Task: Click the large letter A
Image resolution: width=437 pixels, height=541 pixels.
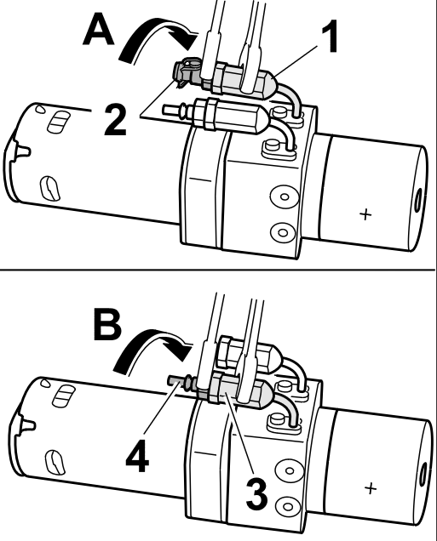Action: pos(99,31)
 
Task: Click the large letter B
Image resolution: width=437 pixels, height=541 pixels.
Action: pos(107,325)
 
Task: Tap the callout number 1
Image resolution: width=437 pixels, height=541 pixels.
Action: pos(330,37)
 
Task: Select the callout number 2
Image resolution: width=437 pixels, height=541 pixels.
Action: pos(115,120)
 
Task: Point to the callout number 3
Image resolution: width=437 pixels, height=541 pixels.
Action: pos(256,494)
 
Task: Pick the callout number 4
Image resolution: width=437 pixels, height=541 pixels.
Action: pos(137,456)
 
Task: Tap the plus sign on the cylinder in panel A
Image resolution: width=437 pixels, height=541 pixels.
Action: pos(365,214)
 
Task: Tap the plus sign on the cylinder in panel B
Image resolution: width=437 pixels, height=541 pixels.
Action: pos(371,488)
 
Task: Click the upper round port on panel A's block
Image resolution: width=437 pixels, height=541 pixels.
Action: pos(284,197)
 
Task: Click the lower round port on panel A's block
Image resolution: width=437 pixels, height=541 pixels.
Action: pos(283,232)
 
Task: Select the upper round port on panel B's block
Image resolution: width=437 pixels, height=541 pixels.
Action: pos(290,470)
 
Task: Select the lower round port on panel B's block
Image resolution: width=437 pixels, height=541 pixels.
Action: pos(287,506)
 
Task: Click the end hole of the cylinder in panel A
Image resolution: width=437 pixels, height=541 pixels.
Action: pos(417,201)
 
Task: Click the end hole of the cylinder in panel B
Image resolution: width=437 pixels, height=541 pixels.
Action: pos(423,476)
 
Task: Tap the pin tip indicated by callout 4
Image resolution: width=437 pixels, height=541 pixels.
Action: pos(172,380)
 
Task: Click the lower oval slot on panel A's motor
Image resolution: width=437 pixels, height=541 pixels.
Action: pos(50,188)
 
